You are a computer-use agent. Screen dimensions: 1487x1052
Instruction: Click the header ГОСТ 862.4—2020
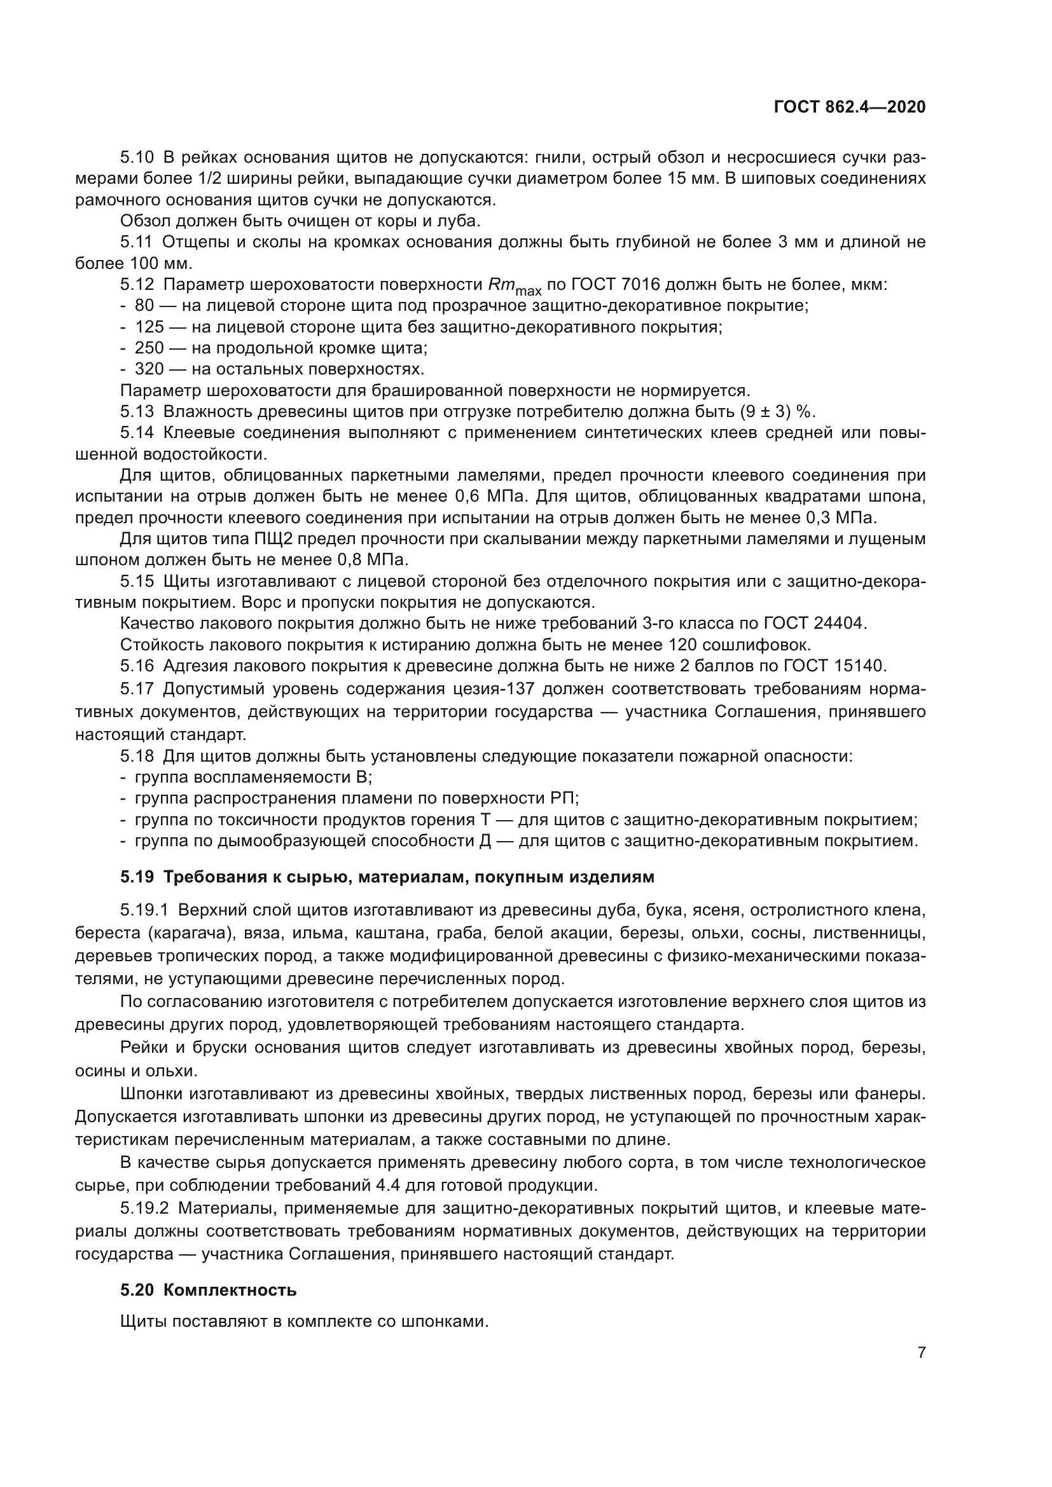pos(849,107)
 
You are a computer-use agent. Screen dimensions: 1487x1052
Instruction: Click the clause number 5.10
pos(137,158)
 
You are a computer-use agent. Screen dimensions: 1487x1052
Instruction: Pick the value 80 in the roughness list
pos(144,306)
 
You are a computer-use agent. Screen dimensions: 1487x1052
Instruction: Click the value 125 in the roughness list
pos(149,327)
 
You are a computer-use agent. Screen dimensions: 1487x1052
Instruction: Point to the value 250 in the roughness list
pos(149,348)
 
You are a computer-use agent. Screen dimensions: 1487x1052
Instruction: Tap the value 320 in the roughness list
pos(149,370)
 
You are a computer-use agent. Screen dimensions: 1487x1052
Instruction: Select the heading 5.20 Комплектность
pos(208,1290)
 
